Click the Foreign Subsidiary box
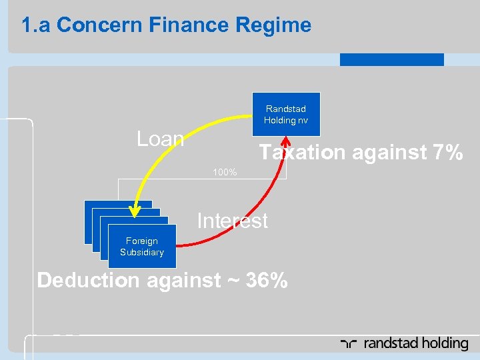(141, 247)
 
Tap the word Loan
(160, 139)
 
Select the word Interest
(232, 221)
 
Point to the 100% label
(225, 173)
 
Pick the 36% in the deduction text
(267, 280)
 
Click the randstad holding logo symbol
(348, 344)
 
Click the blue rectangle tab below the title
(391, 59)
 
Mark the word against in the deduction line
(183, 280)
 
